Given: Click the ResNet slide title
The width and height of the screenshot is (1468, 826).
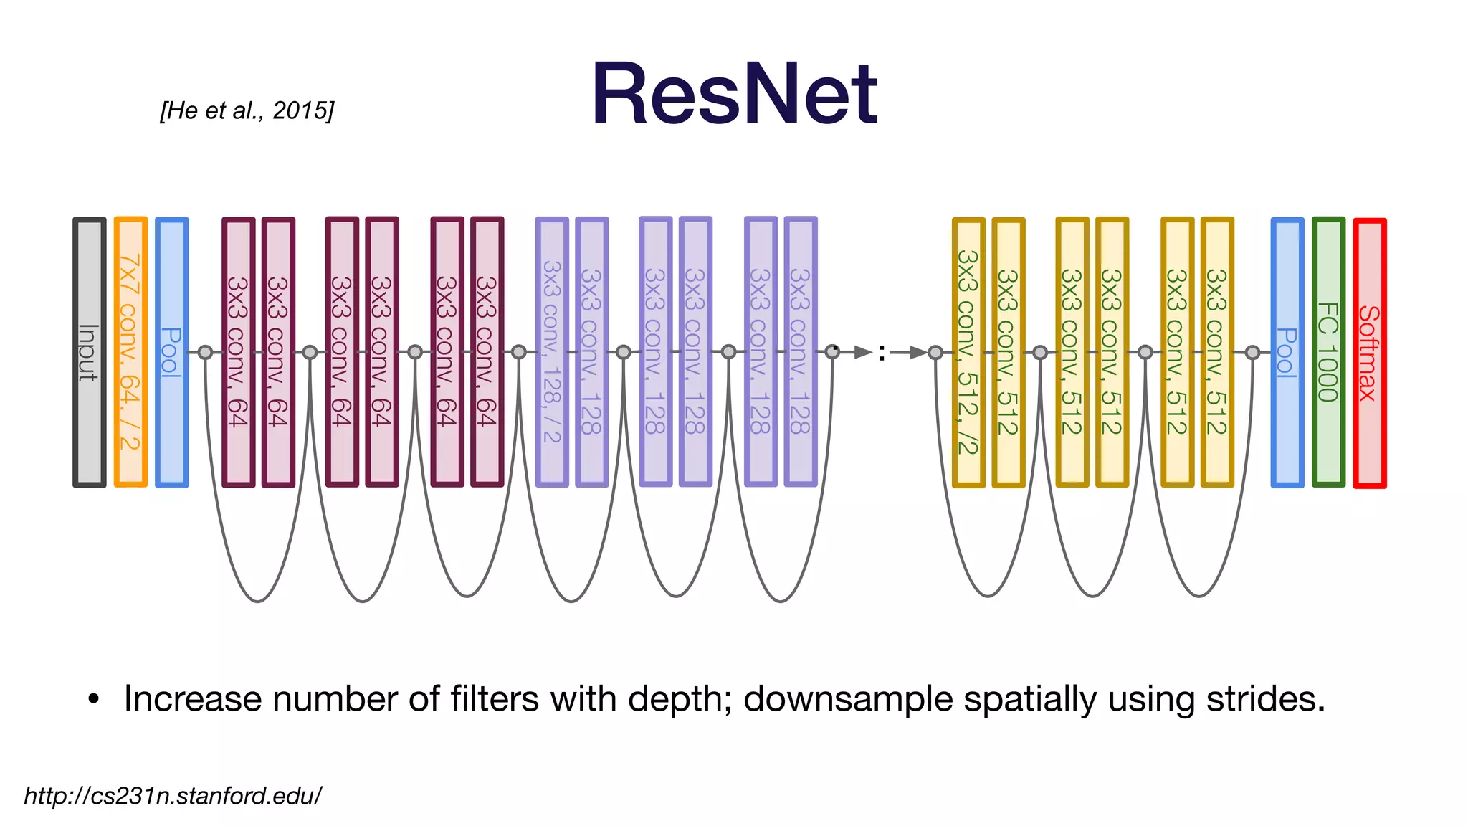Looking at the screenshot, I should click(734, 95).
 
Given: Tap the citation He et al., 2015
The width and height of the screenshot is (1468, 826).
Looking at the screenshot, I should click(247, 110).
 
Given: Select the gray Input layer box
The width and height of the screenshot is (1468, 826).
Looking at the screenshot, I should click(90, 352).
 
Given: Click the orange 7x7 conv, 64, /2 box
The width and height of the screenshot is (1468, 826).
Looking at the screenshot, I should click(130, 352).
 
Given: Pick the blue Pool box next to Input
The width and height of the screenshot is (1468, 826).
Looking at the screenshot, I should click(172, 352).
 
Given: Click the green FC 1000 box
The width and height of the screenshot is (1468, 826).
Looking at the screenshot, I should click(1328, 352).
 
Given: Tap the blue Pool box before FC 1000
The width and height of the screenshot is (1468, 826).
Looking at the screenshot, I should click(1287, 352).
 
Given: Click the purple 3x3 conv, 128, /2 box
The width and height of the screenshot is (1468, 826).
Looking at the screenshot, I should click(552, 352).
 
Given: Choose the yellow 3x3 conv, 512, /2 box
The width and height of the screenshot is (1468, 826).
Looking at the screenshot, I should click(968, 352).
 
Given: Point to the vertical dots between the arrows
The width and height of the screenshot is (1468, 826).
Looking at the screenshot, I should click(882, 353).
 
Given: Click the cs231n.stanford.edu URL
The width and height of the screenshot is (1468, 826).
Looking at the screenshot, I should click(173, 796).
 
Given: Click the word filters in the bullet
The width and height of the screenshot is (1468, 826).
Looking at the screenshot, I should click(495, 699).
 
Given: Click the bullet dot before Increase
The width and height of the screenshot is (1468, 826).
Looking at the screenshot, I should click(93, 700).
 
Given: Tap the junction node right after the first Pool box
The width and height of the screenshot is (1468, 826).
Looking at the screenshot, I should click(206, 352).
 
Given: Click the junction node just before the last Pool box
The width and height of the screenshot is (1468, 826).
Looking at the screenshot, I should click(1252, 352).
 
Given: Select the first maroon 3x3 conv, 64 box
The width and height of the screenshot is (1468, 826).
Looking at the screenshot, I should click(239, 352).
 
